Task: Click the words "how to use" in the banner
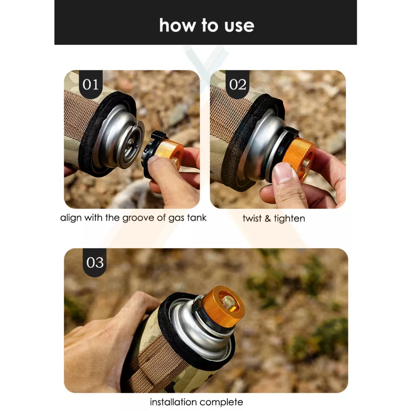[x=207, y=25]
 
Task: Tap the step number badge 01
[x=91, y=84]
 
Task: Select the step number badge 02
[x=238, y=84]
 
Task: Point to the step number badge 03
[x=95, y=262]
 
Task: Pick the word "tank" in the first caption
[x=197, y=218]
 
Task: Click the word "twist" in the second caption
[x=252, y=218]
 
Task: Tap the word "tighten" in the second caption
[x=289, y=218]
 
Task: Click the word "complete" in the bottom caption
[x=221, y=402]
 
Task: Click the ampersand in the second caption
[x=268, y=218]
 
